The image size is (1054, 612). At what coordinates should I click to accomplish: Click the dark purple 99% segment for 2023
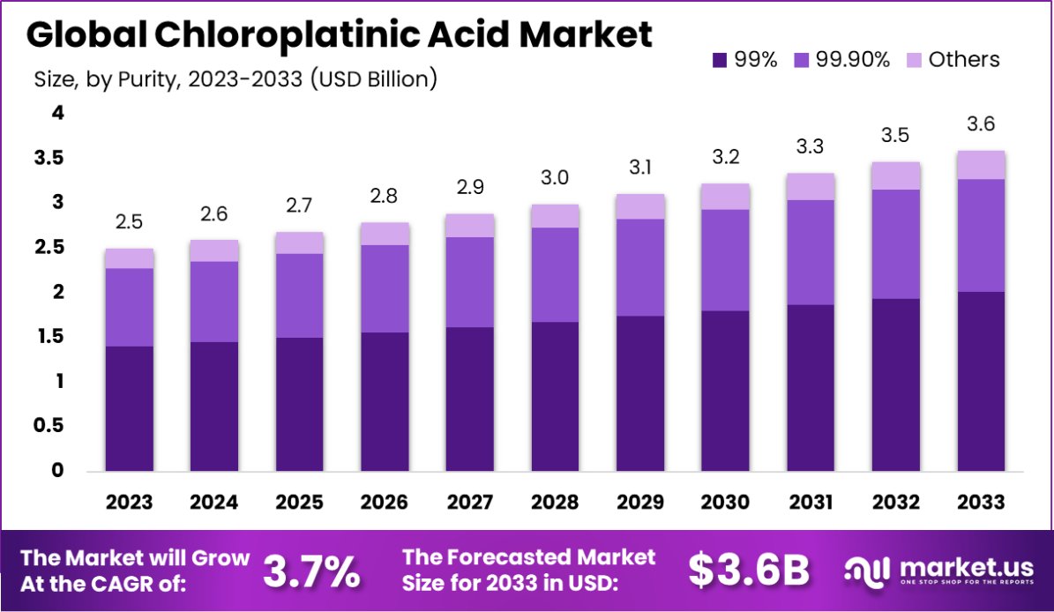130,408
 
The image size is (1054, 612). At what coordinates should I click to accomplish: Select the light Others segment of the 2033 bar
981,165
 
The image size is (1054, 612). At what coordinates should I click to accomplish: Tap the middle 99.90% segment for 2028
555,274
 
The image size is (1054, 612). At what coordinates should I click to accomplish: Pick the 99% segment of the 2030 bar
725,391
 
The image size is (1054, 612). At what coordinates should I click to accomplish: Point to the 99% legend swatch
720,60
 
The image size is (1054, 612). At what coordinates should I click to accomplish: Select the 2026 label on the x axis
385,503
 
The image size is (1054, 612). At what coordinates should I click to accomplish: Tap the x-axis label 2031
811,503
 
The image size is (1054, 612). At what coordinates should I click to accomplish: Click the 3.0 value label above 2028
555,178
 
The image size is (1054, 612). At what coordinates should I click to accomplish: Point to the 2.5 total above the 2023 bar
130,222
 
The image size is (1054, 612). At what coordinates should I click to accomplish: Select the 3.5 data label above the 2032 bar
895,136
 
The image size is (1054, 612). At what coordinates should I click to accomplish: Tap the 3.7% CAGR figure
311,571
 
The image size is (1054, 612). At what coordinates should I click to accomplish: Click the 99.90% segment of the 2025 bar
299,295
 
